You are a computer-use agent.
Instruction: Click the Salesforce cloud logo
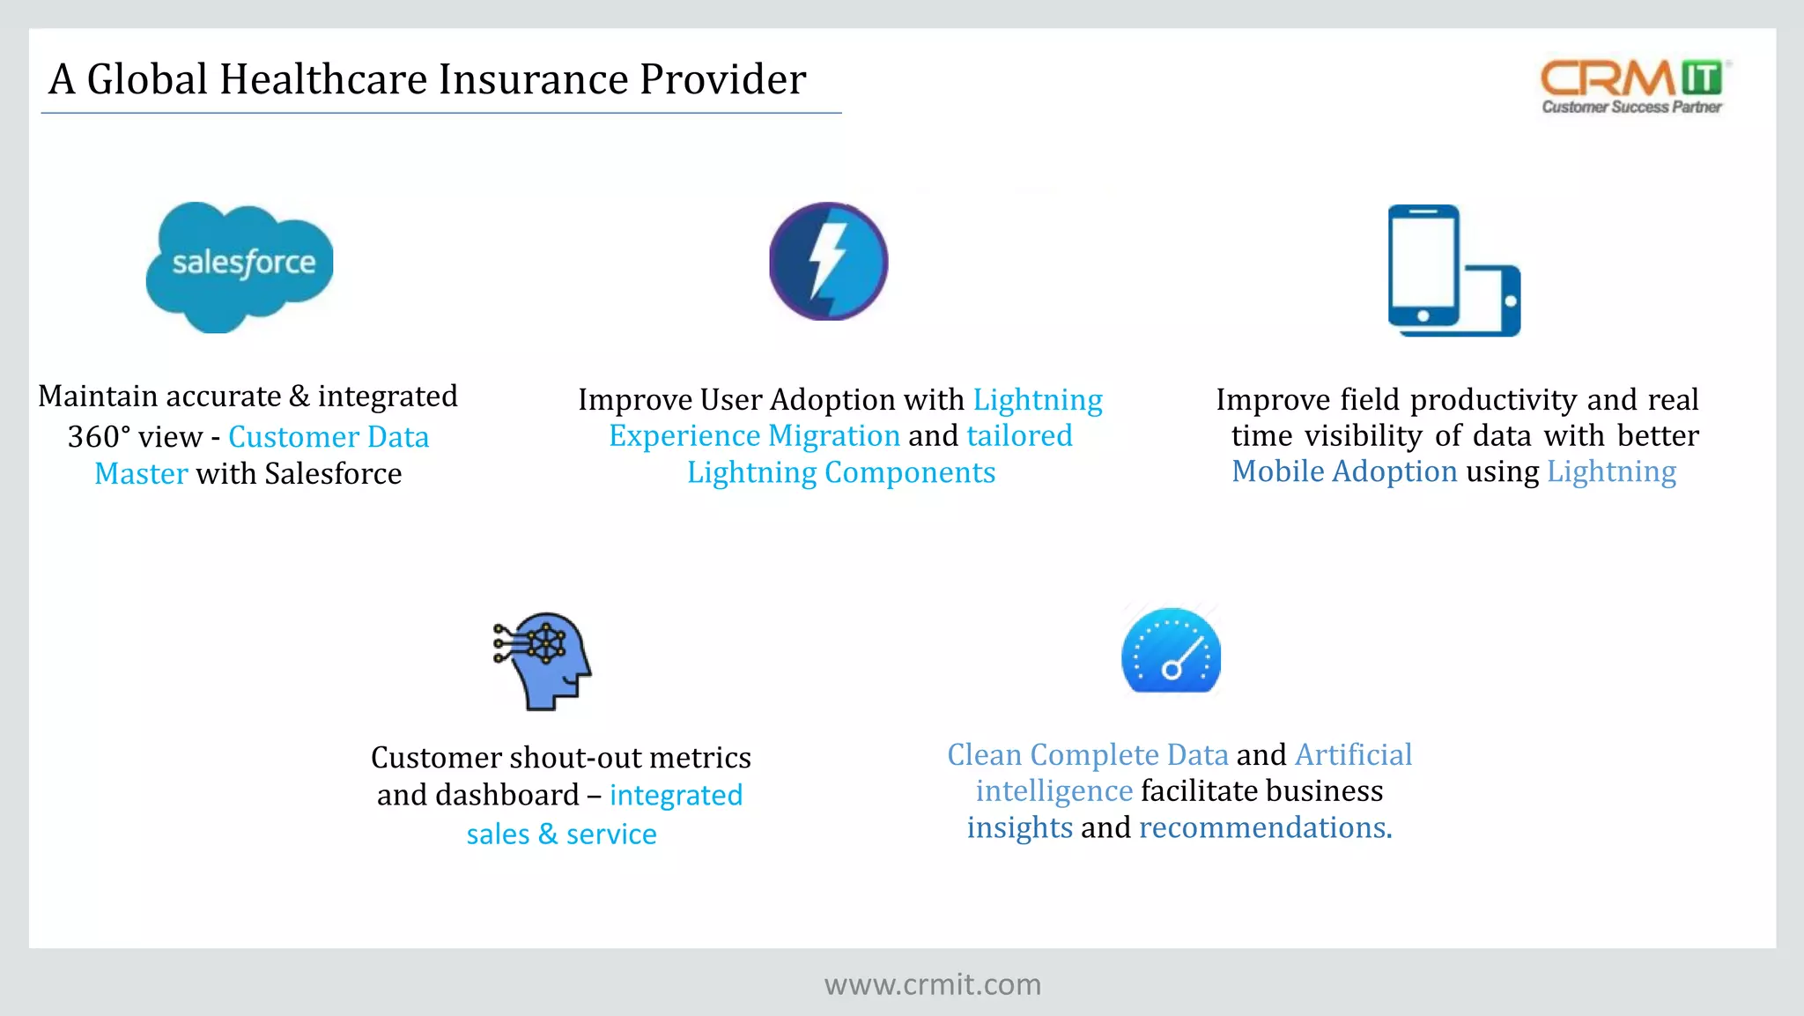(240, 266)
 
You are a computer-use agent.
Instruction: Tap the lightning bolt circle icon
(828, 262)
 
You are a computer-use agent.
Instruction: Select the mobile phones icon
(1453, 271)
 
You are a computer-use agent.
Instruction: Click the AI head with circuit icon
(543, 661)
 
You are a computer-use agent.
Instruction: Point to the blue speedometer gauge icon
(1171, 651)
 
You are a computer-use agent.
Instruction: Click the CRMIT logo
(1634, 86)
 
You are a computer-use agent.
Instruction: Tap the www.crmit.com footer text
(932, 984)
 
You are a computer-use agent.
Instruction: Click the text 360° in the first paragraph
(99, 437)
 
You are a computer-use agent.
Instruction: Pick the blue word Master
(141, 474)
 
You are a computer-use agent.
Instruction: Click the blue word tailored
(1019, 436)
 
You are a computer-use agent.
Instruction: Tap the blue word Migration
(833, 436)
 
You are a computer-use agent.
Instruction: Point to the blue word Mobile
(1277, 471)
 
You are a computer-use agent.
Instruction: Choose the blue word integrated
(676, 796)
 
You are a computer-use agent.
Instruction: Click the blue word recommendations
(1264, 828)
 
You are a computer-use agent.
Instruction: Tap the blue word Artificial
(1353, 755)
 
